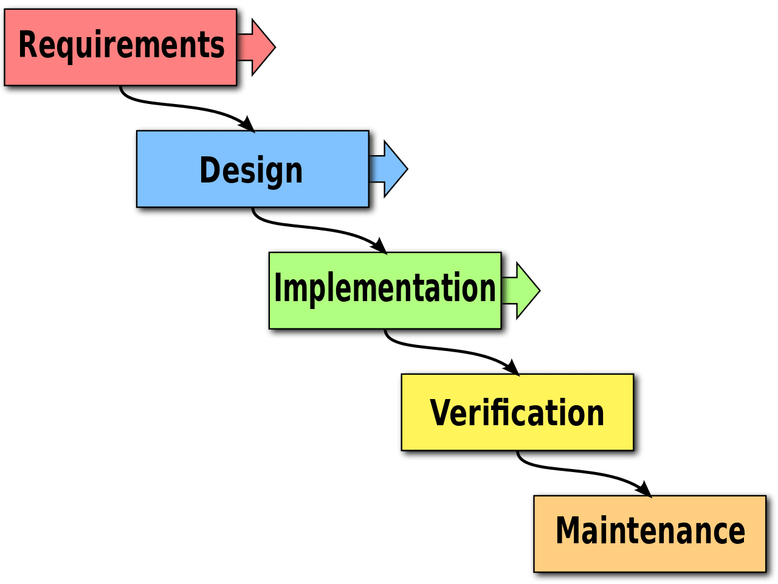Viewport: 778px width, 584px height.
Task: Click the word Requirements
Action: point(122,45)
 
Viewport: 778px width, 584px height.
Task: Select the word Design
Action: point(251,170)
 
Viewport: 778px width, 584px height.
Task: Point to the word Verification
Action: point(517,413)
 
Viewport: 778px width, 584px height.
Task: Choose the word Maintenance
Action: point(650,530)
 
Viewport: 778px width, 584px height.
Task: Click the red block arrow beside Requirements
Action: point(259,47)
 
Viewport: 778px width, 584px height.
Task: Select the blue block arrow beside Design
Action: point(391,169)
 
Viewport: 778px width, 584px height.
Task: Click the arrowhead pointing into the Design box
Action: point(247,124)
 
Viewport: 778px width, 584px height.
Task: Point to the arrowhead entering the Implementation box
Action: point(380,246)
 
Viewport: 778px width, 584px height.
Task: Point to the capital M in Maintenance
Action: point(569,530)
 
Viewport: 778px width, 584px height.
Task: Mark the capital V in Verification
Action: point(441,413)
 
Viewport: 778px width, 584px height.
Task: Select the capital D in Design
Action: point(210,170)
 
